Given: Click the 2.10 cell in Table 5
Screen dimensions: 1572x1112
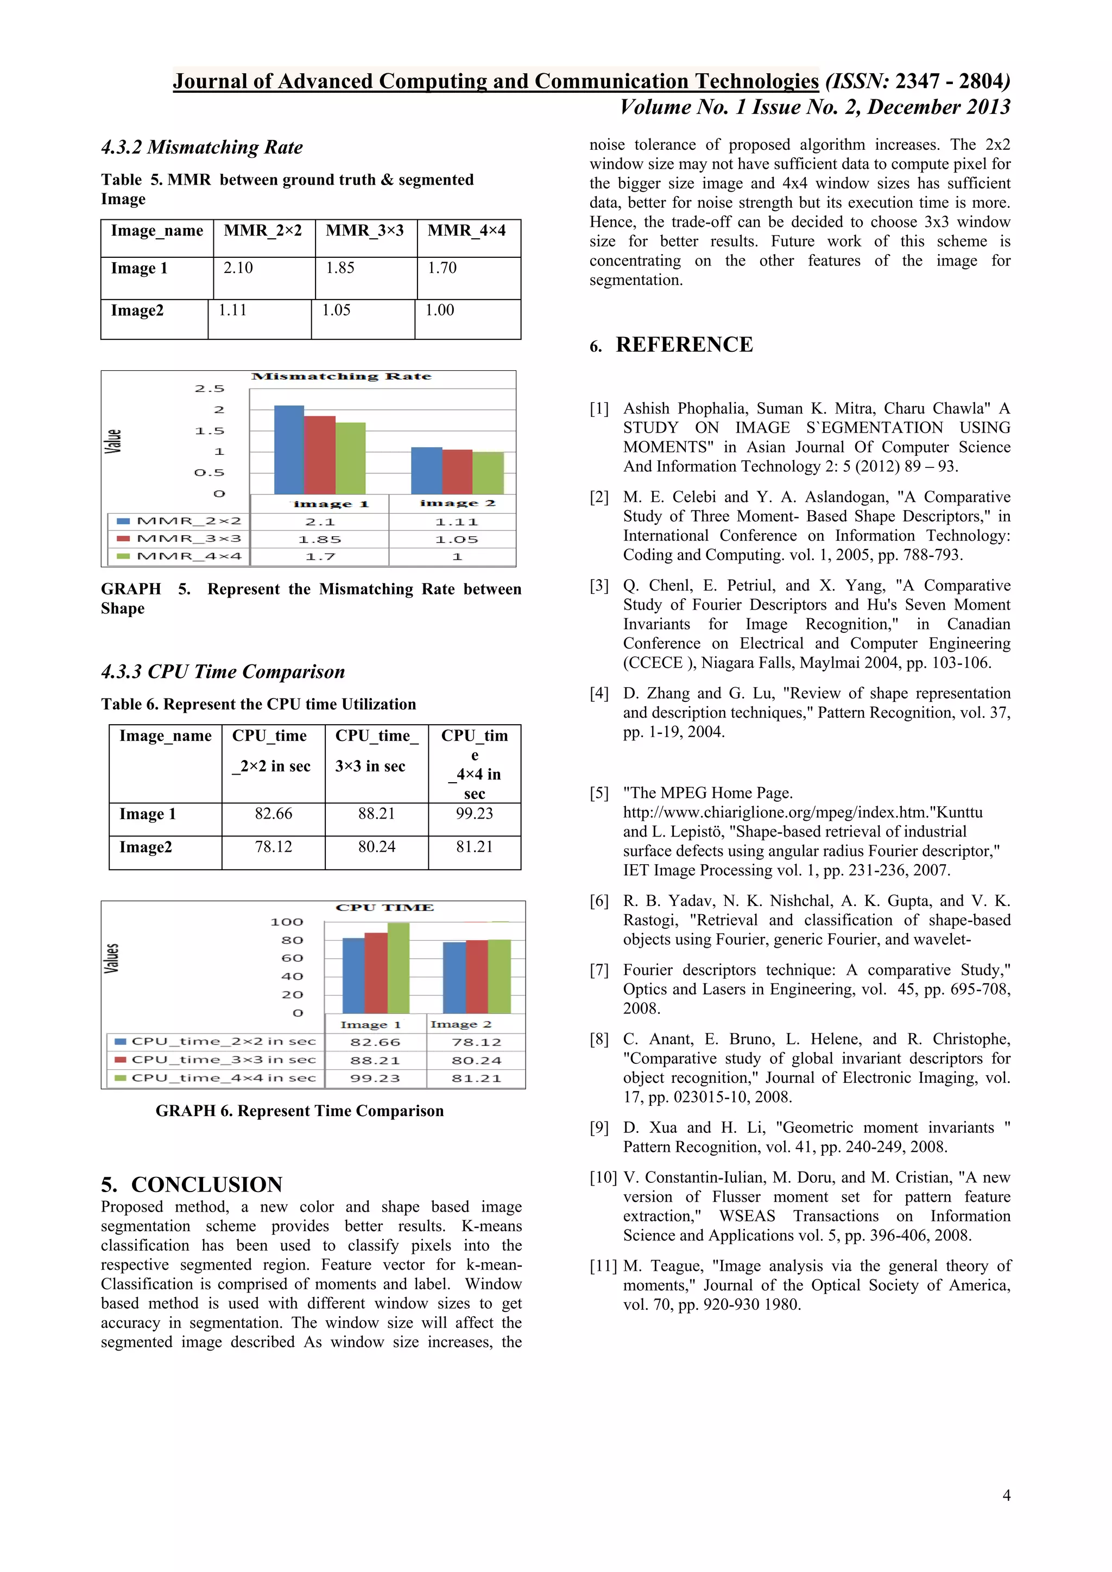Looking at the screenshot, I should pyautogui.click(x=238, y=268).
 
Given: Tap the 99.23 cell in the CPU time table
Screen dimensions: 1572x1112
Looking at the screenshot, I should pyautogui.click(x=474, y=814).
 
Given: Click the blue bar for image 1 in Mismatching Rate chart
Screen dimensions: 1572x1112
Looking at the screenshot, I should pyautogui.click(x=288, y=450).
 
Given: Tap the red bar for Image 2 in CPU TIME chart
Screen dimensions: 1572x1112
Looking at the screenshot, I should pyautogui.click(x=477, y=977).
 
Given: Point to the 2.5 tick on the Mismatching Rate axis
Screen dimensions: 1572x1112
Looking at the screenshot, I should pyautogui.click(x=209, y=389).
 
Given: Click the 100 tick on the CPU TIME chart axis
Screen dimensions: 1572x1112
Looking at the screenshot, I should pyautogui.click(x=286, y=922).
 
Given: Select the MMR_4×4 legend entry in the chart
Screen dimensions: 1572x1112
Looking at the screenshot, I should pyautogui.click(x=179, y=556).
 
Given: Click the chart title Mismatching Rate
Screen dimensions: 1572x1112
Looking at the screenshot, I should pyautogui.click(x=341, y=377).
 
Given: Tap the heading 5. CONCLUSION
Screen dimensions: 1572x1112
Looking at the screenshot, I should pyautogui.click(x=191, y=1184).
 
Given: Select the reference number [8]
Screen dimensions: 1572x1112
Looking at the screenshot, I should pyautogui.click(x=599, y=1039).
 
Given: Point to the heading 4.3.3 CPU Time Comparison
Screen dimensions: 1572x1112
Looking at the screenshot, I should pyautogui.click(x=223, y=671).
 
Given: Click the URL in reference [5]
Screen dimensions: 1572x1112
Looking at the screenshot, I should pyautogui.click(x=803, y=813).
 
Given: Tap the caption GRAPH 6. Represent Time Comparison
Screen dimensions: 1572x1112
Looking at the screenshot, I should pyautogui.click(x=299, y=1111).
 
